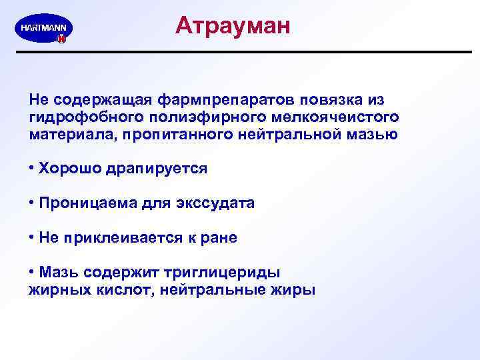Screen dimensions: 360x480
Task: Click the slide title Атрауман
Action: [x=233, y=26]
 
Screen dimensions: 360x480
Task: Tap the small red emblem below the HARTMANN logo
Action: [x=61, y=39]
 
